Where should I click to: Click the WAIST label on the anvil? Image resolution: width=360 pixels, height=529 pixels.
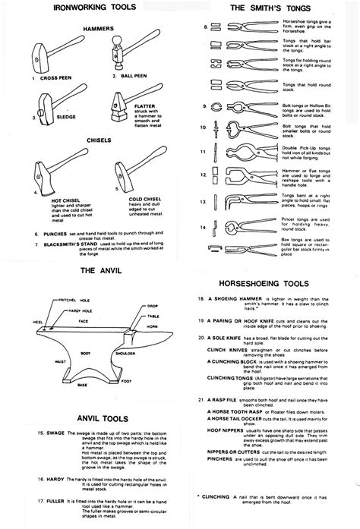click(x=49, y=362)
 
